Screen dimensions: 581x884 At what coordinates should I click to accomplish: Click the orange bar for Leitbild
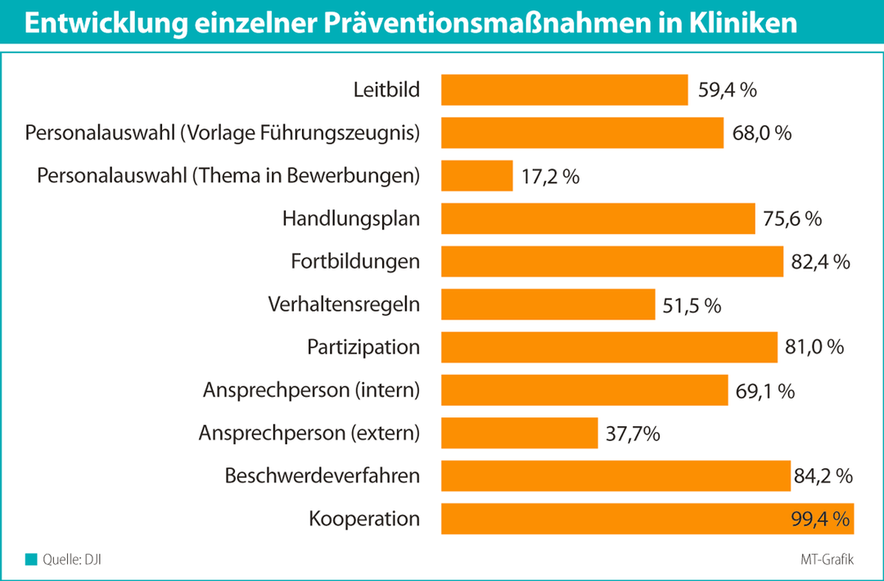tap(564, 89)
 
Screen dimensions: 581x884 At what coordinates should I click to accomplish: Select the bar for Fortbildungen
tap(612, 262)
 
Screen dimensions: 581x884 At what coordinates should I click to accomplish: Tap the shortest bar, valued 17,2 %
tap(476, 176)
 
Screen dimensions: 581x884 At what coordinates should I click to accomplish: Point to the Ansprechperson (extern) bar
tap(519, 433)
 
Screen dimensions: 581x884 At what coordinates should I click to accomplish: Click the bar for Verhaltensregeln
tap(548, 305)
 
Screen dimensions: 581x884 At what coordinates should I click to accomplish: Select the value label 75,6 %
tap(792, 218)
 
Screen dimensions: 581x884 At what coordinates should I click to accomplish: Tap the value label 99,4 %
tap(823, 518)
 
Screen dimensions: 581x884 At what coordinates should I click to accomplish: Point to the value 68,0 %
tap(761, 133)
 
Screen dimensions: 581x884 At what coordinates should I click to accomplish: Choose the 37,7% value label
tap(634, 433)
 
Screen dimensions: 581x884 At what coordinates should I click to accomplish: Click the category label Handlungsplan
tap(351, 218)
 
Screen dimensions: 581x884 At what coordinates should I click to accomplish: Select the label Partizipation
tap(363, 347)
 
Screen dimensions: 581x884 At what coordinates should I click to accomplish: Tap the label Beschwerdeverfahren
tap(322, 475)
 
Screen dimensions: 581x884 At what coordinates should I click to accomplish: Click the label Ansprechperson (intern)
tap(311, 390)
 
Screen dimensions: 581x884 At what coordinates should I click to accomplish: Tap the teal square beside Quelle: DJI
tap(32, 560)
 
